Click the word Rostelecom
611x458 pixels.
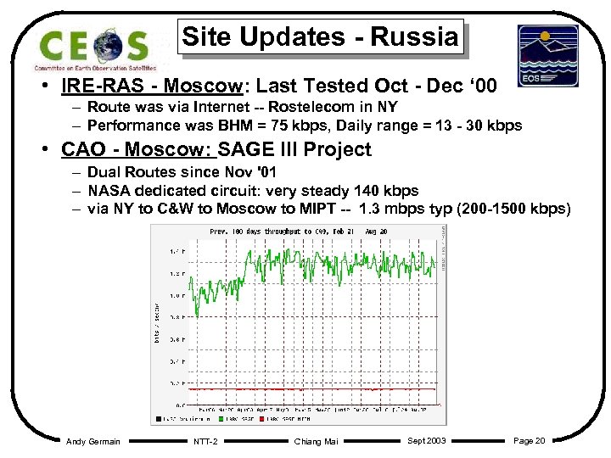(309, 108)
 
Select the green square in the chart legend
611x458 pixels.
(218, 418)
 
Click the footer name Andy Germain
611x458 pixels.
(93, 441)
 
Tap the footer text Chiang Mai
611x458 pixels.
(316, 441)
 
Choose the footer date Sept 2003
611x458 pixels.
(428, 440)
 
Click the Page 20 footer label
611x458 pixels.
(529, 440)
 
